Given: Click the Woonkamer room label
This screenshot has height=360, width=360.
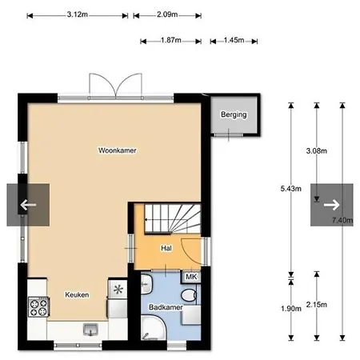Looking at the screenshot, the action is (x=118, y=150).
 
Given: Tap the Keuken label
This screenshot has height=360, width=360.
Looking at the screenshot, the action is (x=77, y=294).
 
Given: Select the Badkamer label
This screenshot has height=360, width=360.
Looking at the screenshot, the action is (x=166, y=307).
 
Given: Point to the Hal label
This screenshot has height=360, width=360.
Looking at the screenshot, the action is (x=166, y=248).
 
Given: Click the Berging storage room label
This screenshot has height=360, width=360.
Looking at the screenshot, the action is (x=234, y=114).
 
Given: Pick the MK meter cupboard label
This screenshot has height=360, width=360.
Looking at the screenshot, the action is (x=191, y=277).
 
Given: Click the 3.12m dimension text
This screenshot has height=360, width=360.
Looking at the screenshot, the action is (x=78, y=14).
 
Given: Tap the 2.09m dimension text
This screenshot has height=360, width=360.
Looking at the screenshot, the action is (x=167, y=14).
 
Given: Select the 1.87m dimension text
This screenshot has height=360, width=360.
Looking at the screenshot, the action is (x=171, y=40).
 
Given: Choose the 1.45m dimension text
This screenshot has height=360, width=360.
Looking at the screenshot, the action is (x=234, y=40).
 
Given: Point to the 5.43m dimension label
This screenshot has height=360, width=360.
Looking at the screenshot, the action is (x=291, y=189).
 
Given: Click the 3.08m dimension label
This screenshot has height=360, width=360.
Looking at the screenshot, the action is (x=317, y=151).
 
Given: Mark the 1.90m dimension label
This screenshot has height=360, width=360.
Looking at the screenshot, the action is (x=291, y=309).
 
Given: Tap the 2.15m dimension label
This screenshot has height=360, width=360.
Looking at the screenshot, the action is (x=317, y=305).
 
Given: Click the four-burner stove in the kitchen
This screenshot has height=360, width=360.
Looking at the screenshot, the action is (x=38, y=307).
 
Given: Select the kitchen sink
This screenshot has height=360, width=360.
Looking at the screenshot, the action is (x=90, y=329).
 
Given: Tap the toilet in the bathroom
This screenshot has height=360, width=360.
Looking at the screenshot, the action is (x=189, y=295).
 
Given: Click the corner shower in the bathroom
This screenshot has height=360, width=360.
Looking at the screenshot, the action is (x=154, y=327).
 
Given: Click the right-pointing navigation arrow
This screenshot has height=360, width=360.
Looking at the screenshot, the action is (x=332, y=205).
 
